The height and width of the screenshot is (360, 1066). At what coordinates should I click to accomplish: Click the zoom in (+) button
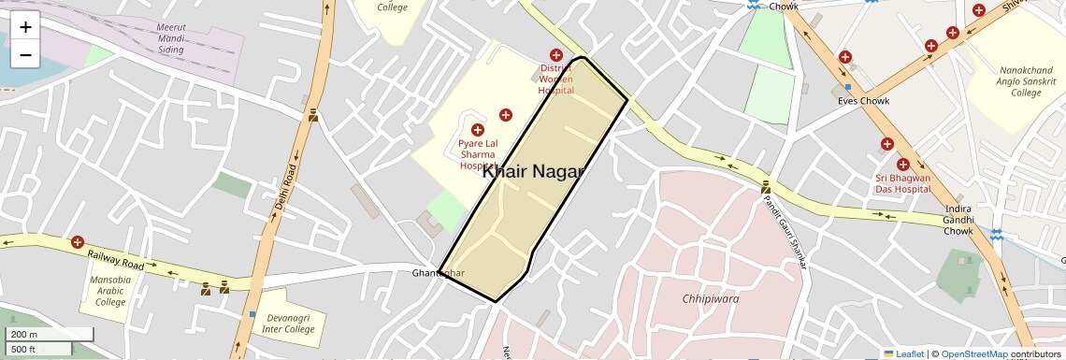25,26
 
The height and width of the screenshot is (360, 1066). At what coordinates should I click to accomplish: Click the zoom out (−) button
25,55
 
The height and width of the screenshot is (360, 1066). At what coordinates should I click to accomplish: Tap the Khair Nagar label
533,171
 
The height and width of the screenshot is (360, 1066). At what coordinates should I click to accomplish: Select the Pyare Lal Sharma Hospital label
478,154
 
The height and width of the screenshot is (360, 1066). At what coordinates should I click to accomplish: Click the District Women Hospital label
555,79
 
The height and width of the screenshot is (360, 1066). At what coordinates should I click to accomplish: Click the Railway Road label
117,260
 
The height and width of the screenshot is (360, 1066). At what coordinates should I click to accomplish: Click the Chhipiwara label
711,298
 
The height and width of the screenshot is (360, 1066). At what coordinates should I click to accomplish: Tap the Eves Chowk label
863,100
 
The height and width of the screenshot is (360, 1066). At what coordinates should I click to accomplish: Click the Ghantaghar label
438,273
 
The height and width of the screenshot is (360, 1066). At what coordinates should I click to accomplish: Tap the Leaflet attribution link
903,353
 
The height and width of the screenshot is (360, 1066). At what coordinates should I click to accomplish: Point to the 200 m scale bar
50,335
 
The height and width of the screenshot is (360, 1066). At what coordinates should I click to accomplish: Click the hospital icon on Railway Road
78,242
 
